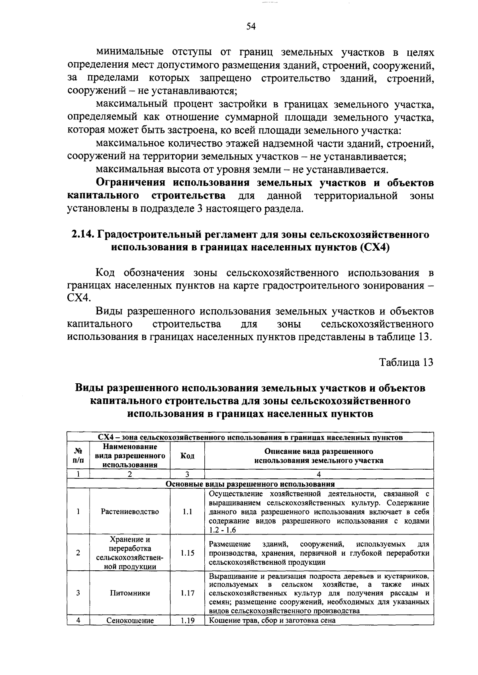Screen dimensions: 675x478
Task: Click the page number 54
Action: pyautogui.click(x=251, y=27)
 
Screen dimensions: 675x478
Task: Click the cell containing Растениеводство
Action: pyautogui.click(x=130, y=511)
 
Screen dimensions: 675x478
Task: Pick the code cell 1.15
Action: pyautogui.click(x=187, y=553)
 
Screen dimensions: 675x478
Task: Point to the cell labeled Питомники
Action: pyautogui.click(x=130, y=593)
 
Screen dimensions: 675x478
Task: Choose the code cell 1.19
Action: pyautogui.click(x=187, y=620)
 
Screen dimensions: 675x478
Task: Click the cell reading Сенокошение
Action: pyautogui.click(x=130, y=620)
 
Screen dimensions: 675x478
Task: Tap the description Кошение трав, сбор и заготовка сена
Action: pyautogui.click(x=272, y=620)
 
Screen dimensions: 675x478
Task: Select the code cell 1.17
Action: pyautogui.click(x=187, y=593)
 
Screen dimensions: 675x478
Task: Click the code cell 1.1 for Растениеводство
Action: pyautogui.click(x=187, y=511)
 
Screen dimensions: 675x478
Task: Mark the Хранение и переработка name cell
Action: pyautogui.click(x=130, y=553)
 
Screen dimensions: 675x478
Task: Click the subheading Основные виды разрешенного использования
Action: pyautogui.click(x=250, y=484)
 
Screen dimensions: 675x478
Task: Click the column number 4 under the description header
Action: pyautogui.click(x=318, y=474)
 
